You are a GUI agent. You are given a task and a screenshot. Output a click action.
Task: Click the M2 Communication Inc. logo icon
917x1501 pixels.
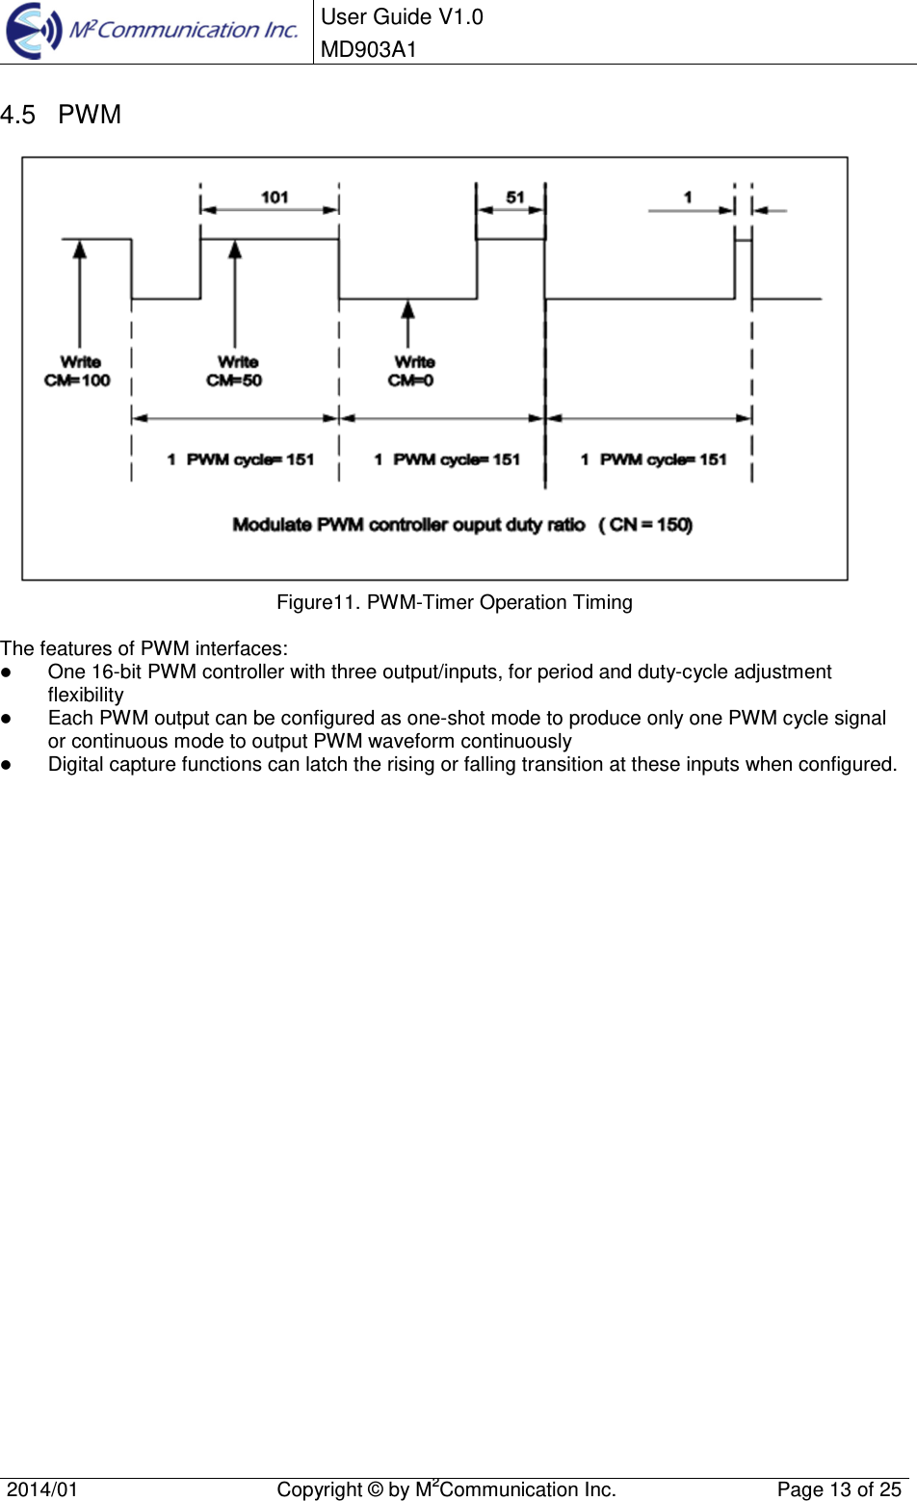[x=35, y=31]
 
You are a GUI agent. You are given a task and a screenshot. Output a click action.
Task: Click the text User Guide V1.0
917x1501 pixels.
[x=402, y=16]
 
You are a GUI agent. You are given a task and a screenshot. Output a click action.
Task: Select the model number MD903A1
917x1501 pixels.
[x=368, y=49]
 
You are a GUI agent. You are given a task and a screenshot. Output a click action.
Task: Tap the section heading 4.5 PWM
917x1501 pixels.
[x=61, y=115]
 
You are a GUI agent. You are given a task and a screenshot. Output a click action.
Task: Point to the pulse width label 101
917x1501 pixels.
[x=275, y=197]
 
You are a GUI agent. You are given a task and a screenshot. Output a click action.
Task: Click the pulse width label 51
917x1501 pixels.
[x=515, y=197]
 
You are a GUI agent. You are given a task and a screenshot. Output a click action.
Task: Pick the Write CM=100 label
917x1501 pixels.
[x=78, y=371]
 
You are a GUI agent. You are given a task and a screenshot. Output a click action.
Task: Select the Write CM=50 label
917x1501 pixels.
[x=235, y=371]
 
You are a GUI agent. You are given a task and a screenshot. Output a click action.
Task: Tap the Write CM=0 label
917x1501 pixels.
[x=412, y=371]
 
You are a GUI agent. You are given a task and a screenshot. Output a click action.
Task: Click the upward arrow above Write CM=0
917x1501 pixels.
[x=408, y=323]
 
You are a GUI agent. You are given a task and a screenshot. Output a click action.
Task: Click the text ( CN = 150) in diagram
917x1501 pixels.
[x=645, y=525]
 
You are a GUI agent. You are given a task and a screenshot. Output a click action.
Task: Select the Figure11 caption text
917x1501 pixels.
[x=455, y=602]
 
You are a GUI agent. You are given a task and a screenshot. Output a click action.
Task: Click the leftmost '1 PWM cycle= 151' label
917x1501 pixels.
[x=241, y=460]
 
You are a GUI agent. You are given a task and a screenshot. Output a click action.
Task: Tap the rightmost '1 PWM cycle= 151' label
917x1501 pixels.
[x=654, y=460]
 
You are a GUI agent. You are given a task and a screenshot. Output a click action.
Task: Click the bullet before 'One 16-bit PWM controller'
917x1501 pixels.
[x=6, y=672]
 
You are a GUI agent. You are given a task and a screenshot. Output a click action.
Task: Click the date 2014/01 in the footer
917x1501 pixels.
[x=42, y=1489]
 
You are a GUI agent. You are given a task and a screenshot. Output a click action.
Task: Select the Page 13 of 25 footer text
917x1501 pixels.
[x=838, y=1489]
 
